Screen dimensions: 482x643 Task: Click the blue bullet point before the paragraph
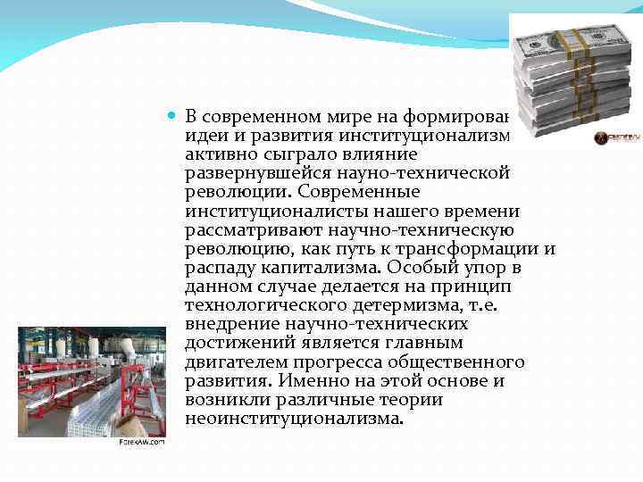click(x=173, y=118)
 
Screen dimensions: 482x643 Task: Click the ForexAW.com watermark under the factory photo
click(x=142, y=442)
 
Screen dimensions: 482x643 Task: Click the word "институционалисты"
click(x=281, y=211)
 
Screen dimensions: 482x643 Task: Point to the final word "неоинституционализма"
click(x=294, y=418)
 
